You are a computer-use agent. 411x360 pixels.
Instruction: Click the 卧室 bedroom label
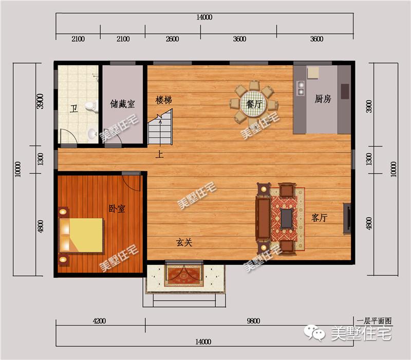[x=117, y=209]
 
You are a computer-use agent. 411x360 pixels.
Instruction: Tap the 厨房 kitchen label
[x=323, y=99]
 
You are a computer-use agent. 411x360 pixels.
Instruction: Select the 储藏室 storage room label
[x=122, y=104]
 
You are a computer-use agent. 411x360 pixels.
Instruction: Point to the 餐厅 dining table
[x=253, y=104]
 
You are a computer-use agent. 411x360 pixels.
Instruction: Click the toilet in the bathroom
[x=91, y=106]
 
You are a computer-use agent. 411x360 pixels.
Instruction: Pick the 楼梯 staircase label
[x=164, y=100]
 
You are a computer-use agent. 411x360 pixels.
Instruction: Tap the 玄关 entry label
[x=184, y=242]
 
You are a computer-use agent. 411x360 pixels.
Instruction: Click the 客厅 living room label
[x=319, y=218]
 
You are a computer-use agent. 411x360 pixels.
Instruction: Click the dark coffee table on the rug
[x=286, y=218]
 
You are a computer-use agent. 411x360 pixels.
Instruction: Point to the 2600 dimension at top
[x=172, y=39]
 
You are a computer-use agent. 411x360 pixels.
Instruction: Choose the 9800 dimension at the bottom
[x=253, y=321]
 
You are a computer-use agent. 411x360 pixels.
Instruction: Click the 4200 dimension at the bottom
[x=99, y=321]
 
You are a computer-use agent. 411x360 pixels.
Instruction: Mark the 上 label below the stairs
[x=159, y=154]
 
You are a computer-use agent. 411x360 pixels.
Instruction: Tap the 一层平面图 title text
[x=374, y=321]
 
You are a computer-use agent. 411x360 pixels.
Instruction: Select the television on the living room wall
[x=347, y=218]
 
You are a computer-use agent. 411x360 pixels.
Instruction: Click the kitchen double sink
[x=301, y=88]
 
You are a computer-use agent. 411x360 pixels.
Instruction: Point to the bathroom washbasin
[x=92, y=134]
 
